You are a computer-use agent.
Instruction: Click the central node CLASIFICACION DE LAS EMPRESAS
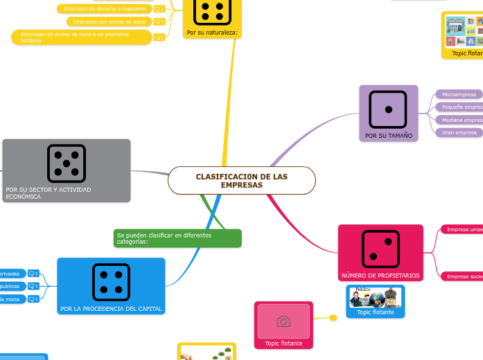pyautogui.click(x=241, y=181)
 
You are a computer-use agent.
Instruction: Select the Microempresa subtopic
pyautogui.click(x=459, y=94)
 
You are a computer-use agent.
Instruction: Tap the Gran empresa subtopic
pyautogui.click(x=459, y=132)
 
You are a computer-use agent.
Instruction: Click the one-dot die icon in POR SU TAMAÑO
pyautogui.click(x=388, y=109)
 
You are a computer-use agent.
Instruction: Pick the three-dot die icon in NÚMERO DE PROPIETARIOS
pyautogui.click(x=380, y=249)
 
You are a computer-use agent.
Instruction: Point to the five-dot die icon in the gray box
pyautogui.click(x=67, y=163)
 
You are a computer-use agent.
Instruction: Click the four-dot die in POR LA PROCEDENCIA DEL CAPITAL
pyautogui.click(x=111, y=282)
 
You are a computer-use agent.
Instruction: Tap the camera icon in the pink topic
pyautogui.click(x=283, y=321)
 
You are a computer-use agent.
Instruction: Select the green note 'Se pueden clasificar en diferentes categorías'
pyautogui.click(x=177, y=238)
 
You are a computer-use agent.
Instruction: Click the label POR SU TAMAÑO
pyautogui.click(x=388, y=136)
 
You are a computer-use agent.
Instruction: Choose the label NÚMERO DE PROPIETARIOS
pyautogui.click(x=380, y=276)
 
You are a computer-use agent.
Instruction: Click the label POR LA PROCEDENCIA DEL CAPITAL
pyautogui.click(x=111, y=309)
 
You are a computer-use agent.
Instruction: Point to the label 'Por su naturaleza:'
pyautogui.click(x=212, y=33)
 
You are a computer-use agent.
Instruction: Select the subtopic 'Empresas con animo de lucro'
pyautogui.click(x=109, y=21)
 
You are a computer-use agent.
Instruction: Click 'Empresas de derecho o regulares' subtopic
pyautogui.click(x=104, y=9)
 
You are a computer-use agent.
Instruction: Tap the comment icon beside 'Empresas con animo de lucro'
pyautogui.click(x=159, y=22)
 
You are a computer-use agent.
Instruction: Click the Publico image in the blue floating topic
pyautogui.click(x=375, y=298)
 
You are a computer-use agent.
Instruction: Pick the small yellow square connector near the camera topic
pyautogui.click(x=333, y=318)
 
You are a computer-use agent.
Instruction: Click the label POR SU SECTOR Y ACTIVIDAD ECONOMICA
pyautogui.click(x=49, y=192)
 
